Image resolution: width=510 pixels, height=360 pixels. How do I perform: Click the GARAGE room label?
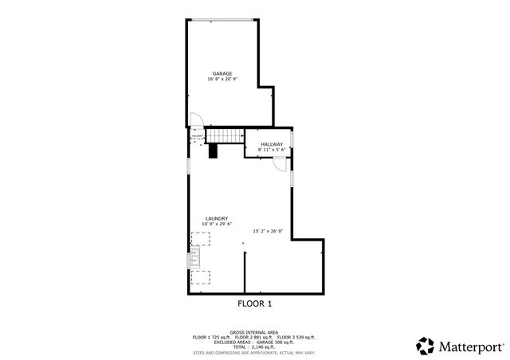pyautogui.click(x=222, y=74)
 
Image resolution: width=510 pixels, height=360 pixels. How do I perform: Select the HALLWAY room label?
pyautogui.click(x=271, y=144)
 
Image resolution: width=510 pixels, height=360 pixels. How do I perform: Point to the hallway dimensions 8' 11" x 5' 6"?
pyautogui.click(x=271, y=150)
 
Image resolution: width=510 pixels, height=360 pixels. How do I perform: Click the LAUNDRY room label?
pyautogui.click(x=217, y=218)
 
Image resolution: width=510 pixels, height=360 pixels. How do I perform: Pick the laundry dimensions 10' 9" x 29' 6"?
pyautogui.click(x=217, y=224)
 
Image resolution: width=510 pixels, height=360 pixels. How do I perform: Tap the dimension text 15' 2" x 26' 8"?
pyautogui.click(x=268, y=232)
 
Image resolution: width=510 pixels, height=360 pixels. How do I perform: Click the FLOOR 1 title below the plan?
pyautogui.click(x=255, y=303)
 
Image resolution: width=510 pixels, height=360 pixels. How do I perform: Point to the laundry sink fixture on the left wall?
pyautogui.click(x=193, y=257)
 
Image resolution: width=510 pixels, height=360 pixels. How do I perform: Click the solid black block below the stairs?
pyautogui.click(x=214, y=151)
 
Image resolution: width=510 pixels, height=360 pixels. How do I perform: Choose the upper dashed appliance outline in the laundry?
pyautogui.click(x=200, y=238)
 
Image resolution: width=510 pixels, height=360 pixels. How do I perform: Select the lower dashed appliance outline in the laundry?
pyautogui.click(x=201, y=277)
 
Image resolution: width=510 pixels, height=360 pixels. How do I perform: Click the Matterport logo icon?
pyautogui.click(x=425, y=345)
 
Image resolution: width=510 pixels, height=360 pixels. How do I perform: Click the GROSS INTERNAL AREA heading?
pyautogui.click(x=254, y=332)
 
